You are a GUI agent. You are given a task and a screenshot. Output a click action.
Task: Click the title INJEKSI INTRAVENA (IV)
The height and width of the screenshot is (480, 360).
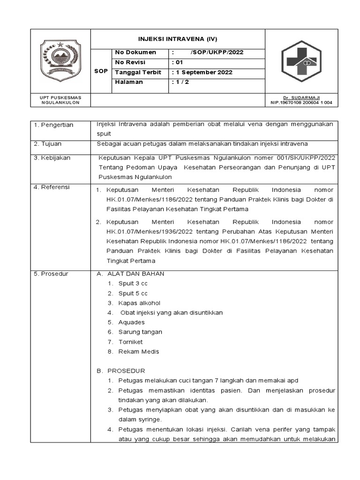click(178, 39)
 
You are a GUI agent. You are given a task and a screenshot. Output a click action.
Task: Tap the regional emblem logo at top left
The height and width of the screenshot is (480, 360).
click(60, 60)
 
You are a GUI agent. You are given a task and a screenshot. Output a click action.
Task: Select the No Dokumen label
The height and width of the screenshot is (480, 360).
click(135, 52)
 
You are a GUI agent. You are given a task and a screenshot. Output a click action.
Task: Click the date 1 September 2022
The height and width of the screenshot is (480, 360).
click(202, 72)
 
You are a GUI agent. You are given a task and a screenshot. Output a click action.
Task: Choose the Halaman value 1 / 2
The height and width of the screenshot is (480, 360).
click(180, 82)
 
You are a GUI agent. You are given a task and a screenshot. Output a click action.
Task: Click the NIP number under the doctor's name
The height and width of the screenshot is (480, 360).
click(301, 103)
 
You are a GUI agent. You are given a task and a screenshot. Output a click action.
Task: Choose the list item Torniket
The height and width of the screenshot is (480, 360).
click(130, 342)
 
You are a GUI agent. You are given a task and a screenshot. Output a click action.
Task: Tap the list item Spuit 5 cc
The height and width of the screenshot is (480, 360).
click(133, 293)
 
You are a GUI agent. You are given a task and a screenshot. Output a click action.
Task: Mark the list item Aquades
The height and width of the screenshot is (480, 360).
click(131, 322)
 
